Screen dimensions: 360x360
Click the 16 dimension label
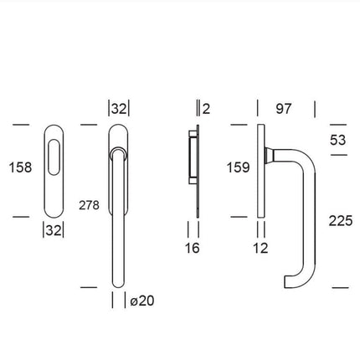click(x=193, y=247)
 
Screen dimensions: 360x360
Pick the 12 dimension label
click(x=261, y=247)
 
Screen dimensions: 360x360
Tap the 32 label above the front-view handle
click(x=119, y=107)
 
